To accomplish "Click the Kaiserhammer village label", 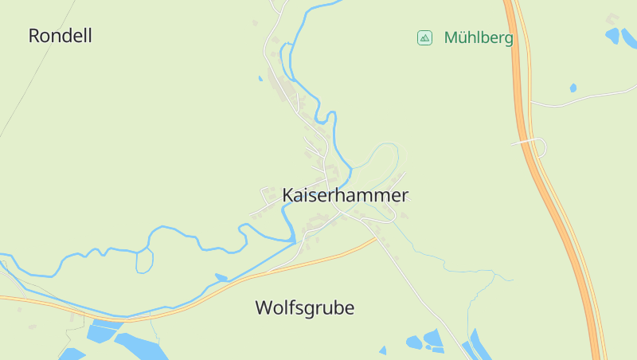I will (345, 195).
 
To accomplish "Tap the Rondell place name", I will (60, 36).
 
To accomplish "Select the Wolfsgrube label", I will (304, 308).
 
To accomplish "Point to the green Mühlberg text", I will (478, 37).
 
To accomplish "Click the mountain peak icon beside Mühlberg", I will (424, 37).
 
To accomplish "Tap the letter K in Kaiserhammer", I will (288, 195).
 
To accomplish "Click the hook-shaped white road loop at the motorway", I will (541, 147).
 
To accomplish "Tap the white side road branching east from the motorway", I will (581, 100).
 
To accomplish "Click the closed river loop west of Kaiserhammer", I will (144, 260).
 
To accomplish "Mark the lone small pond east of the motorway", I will (573, 88).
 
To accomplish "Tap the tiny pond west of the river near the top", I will (260, 79).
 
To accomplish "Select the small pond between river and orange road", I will (221, 277).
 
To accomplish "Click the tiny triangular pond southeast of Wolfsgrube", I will (383, 350).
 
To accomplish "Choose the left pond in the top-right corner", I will (612, 35).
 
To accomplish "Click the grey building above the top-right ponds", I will (612, 18).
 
